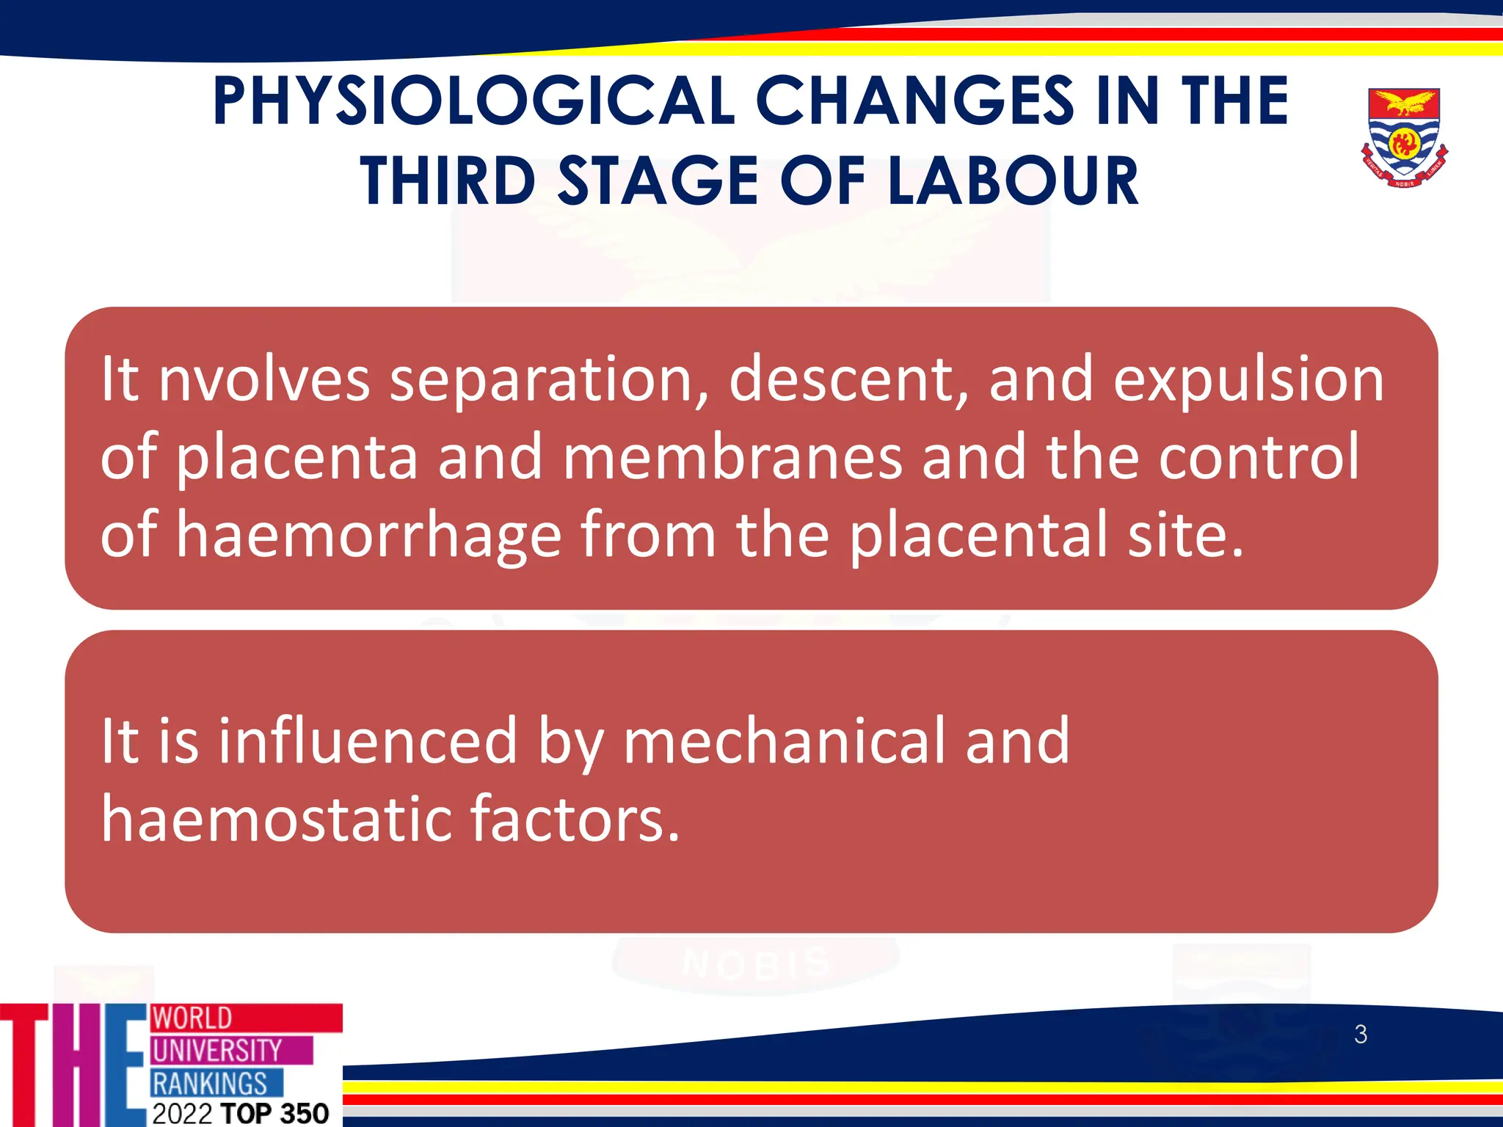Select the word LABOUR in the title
tap(1013, 181)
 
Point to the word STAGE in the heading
tap(658, 181)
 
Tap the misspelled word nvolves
tap(264, 379)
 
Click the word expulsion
tap(1248, 379)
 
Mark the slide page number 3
tap(1361, 1035)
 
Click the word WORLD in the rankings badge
tap(192, 1018)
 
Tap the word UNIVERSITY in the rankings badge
tap(216, 1050)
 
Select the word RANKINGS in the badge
tap(210, 1083)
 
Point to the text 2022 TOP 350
tap(241, 1113)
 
